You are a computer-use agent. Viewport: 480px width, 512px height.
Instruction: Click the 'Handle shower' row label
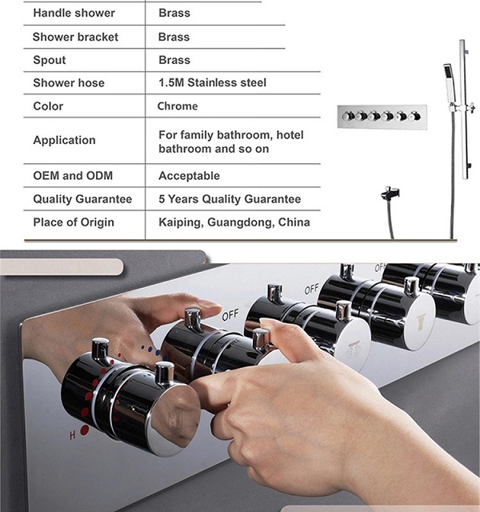click(74, 13)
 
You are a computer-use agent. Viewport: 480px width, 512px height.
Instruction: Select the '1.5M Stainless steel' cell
click(212, 82)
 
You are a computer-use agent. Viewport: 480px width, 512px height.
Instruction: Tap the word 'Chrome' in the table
click(178, 106)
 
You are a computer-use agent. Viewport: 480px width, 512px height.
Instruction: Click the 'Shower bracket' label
click(75, 37)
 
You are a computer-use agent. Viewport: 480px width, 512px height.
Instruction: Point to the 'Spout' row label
click(50, 60)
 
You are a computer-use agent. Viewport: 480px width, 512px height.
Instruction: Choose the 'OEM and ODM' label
click(73, 176)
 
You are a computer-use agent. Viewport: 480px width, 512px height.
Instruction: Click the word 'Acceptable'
click(189, 176)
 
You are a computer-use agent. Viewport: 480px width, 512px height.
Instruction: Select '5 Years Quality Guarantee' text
click(230, 199)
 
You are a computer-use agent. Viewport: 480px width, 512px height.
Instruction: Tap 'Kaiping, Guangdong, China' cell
click(234, 222)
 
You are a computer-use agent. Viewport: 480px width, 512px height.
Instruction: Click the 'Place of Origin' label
click(74, 222)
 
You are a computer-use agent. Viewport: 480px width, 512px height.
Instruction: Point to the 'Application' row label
click(64, 140)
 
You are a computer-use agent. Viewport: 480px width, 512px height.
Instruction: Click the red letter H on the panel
click(73, 434)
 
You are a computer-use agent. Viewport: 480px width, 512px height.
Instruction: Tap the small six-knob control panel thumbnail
click(382, 117)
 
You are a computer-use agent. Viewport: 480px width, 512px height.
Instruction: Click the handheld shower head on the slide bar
click(450, 83)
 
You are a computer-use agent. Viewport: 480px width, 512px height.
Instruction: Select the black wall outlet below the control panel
click(390, 194)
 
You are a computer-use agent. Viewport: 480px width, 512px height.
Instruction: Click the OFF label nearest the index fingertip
click(230, 314)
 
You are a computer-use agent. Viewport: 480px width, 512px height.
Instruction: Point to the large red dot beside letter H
click(84, 430)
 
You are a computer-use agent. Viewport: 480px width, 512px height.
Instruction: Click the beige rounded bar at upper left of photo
click(62, 266)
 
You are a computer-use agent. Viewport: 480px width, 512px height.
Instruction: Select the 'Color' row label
click(48, 106)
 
